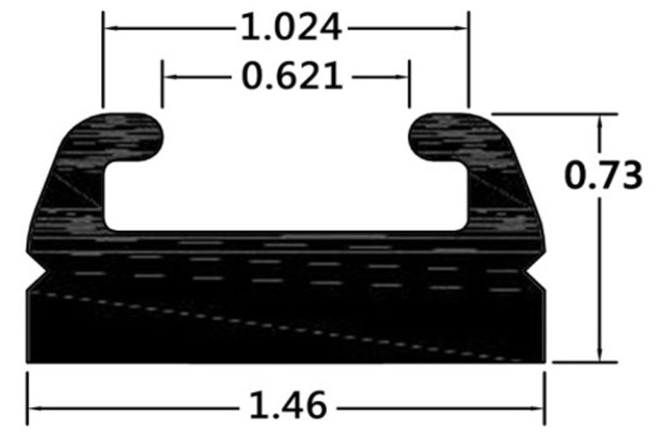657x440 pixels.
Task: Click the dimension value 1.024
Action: point(290,28)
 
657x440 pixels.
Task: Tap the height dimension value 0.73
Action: point(604,175)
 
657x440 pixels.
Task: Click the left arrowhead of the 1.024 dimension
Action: point(109,28)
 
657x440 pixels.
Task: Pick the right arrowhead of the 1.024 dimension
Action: point(462,28)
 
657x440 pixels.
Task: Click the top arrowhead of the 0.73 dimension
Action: point(602,120)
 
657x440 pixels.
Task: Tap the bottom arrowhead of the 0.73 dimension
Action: point(602,354)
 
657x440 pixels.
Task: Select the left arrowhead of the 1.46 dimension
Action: point(34,406)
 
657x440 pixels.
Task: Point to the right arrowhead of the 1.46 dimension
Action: point(539,406)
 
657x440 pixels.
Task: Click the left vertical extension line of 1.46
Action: point(27,399)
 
